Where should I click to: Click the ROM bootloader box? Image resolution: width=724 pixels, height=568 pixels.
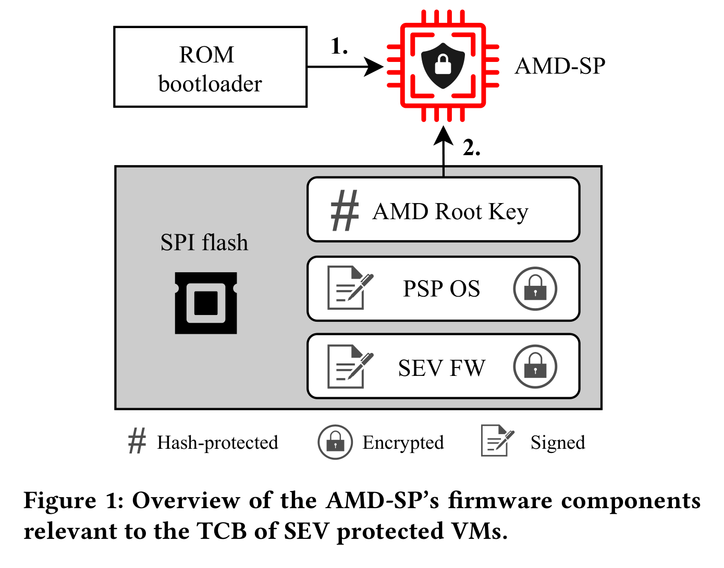click(210, 67)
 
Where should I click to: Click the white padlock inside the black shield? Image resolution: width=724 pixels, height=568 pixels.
click(443, 65)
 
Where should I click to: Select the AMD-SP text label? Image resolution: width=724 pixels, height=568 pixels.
click(560, 66)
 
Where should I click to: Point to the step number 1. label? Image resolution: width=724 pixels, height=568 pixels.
click(339, 46)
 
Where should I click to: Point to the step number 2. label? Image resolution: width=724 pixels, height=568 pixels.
click(471, 147)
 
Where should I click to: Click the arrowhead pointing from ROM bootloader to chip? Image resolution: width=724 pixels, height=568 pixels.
click(373, 67)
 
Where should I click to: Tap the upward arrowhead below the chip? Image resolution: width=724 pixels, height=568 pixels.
click(444, 136)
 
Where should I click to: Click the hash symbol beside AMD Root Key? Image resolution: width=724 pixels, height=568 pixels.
click(345, 210)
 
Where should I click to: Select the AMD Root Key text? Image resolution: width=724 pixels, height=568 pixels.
click(450, 211)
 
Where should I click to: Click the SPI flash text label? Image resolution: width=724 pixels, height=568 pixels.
click(204, 242)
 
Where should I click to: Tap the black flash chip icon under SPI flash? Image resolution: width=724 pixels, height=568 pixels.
click(206, 303)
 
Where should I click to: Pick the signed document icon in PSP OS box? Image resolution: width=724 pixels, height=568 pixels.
click(350, 287)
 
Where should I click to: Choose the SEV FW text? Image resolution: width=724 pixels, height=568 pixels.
click(442, 368)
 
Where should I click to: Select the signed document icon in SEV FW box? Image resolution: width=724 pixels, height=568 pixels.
click(350, 367)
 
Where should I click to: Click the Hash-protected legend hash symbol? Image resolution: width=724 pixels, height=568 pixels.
click(137, 440)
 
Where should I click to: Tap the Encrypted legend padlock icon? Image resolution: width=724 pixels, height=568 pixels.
click(335, 442)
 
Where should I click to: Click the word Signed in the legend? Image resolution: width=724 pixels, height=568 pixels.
click(558, 443)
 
